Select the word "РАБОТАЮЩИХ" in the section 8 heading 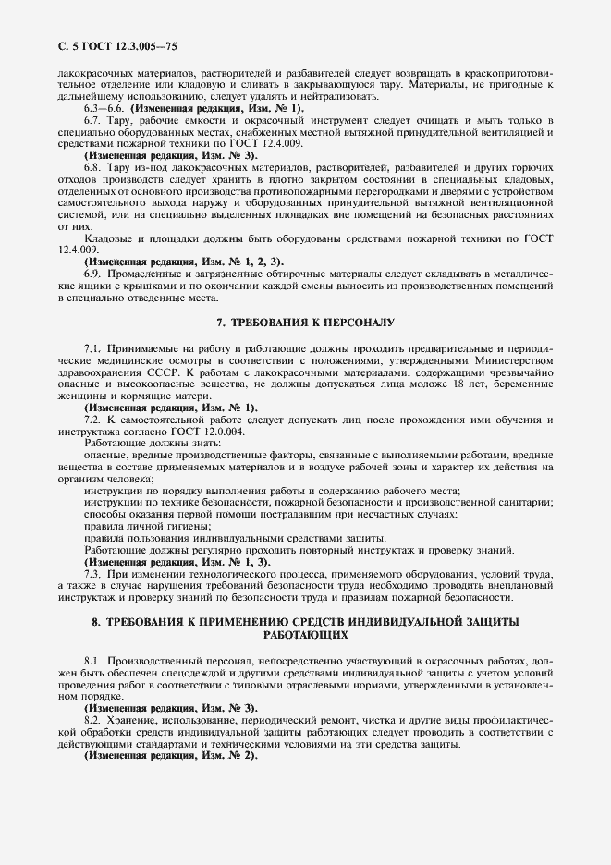[x=305, y=636]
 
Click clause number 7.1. [x=92, y=347]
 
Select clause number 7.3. [x=92, y=574]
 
